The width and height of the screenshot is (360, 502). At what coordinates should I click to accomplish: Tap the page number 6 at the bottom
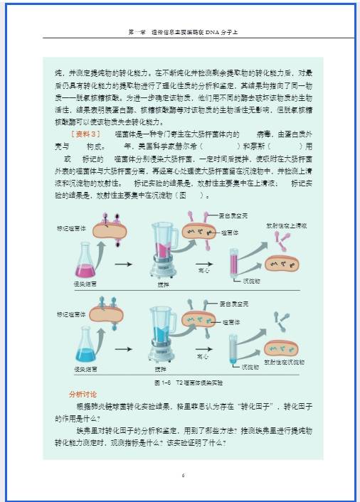pyautogui.click(x=183, y=475)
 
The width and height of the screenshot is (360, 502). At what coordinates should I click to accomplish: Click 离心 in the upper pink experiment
pyautogui.click(x=203, y=271)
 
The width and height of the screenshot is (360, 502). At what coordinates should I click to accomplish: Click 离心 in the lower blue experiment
pyautogui.click(x=203, y=356)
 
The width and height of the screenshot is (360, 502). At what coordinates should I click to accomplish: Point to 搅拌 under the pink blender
pyautogui.click(x=164, y=284)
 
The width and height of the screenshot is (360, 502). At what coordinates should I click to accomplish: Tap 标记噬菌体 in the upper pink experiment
pyautogui.click(x=71, y=229)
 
